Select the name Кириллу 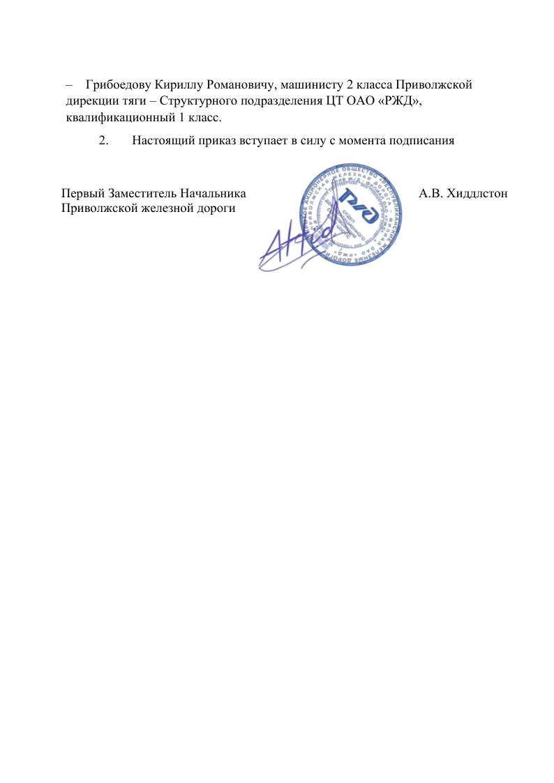(174, 85)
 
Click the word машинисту (307, 85)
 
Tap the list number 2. (103, 139)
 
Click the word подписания (421, 139)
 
